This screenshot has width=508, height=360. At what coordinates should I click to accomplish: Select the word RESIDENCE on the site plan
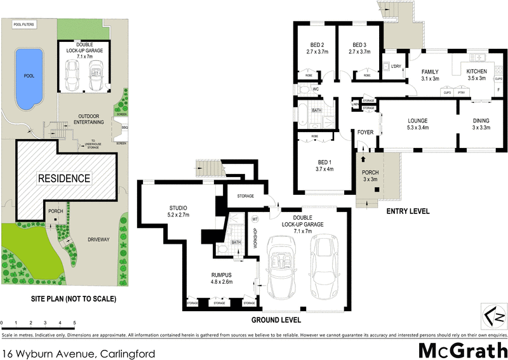pyautogui.click(x=63, y=178)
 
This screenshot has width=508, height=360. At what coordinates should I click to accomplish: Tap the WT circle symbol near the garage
pyautogui.click(x=255, y=219)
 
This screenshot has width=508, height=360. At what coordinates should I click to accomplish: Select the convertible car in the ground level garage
pyautogui.click(x=280, y=265)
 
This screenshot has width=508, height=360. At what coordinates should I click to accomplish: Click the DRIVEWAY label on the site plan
pyautogui.click(x=94, y=239)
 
